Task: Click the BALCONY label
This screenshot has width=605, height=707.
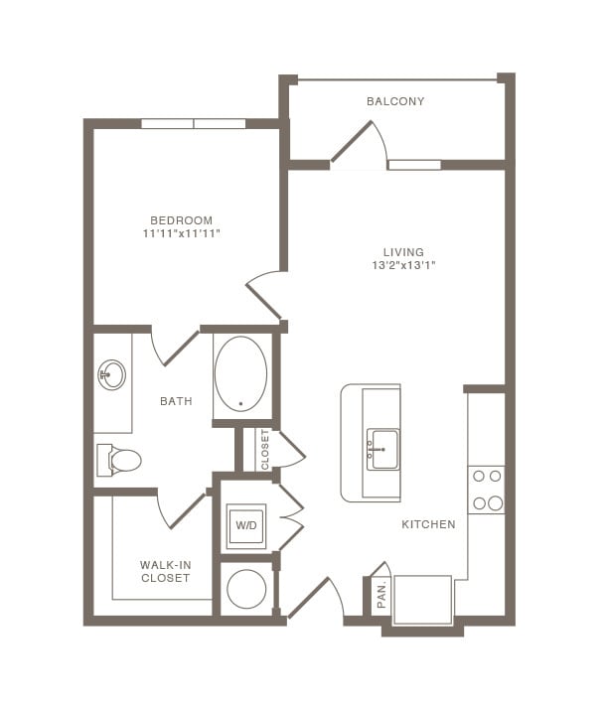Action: tap(395, 101)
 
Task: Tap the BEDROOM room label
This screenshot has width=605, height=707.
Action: tap(181, 220)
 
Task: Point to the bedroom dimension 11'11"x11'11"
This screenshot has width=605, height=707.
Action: tap(181, 233)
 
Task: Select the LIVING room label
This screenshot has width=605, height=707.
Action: tap(404, 252)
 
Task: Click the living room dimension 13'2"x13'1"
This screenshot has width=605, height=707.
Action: tap(404, 265)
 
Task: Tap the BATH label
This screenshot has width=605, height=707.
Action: tap(176, 401)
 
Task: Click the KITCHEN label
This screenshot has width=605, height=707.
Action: tap(428, 524)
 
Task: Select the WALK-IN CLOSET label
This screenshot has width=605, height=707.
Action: tap(165, 571)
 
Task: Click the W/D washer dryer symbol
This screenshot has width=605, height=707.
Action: tap(245, 526)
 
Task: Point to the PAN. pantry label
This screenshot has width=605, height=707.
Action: tap(380, 596)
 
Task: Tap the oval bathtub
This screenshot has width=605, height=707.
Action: tap(241, 373)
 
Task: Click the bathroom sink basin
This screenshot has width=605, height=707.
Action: tap(112, 375)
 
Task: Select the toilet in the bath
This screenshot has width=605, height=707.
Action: tap(120, 460)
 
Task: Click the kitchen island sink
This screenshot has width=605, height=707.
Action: tap(382, 448)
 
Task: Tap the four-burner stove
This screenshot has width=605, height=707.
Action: tap(487, 490)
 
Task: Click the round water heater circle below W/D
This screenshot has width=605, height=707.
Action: tap(245, 589)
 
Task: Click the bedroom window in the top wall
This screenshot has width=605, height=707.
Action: tap(193, 124)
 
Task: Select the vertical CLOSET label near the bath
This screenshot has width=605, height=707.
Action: tap(265, 450)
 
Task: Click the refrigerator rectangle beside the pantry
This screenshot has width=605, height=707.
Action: tap(423, 599)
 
